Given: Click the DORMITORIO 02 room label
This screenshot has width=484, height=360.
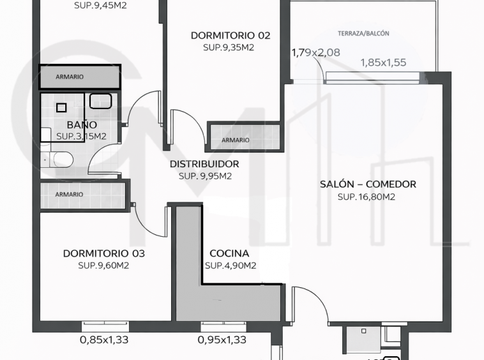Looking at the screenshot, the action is [231, 36].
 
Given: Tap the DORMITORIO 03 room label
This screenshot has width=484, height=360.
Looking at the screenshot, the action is [103, 253].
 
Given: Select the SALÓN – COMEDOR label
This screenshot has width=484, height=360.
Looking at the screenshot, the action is [368, 184].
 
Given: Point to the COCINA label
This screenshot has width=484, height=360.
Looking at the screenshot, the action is [229, 253].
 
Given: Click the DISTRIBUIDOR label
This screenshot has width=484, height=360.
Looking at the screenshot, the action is [204, 164].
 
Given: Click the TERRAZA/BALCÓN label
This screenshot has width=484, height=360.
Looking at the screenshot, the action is [363, 33].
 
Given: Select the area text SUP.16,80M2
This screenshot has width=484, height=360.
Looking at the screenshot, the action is [367, 197].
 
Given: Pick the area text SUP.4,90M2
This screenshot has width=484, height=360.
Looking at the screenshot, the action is [231, 266].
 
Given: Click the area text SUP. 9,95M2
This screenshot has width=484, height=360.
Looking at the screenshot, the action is [205, 176].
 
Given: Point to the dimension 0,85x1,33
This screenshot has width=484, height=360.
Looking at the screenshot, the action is [104, 340].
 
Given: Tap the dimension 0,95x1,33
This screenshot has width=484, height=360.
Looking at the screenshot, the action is [222, 340].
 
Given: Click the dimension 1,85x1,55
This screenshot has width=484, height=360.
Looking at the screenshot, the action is [383, 63].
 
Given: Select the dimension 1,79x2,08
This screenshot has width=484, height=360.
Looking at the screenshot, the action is [316, 53].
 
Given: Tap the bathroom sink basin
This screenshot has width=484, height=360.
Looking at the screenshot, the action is [100, 101].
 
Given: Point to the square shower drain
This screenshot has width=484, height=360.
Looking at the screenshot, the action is [61, 108].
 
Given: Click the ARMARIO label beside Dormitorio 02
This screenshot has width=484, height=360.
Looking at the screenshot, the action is [235, 140].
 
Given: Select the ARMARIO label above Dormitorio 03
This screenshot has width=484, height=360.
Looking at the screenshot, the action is [69, 194].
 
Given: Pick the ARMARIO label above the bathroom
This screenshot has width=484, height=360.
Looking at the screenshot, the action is [70, 77].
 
